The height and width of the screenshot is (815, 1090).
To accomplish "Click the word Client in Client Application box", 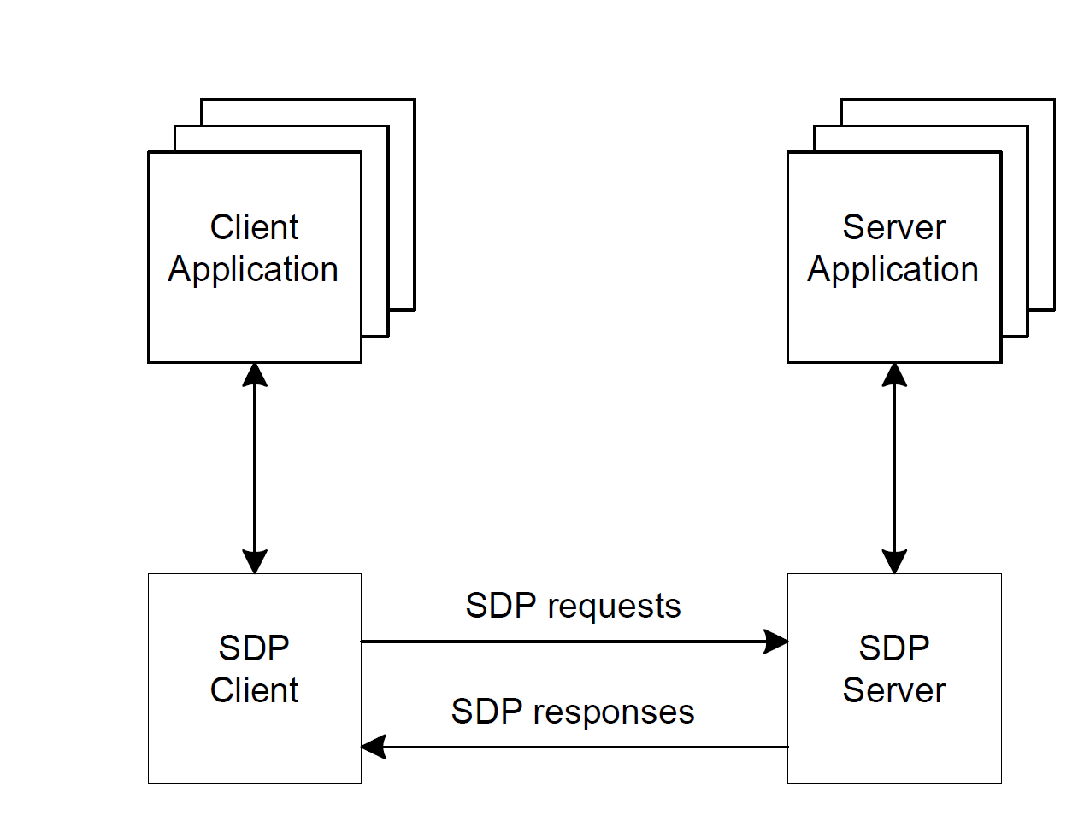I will coord(254,228).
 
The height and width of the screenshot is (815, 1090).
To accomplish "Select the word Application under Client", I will coord(253,270).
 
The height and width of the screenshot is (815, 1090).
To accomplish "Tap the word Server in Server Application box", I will coord(893,228).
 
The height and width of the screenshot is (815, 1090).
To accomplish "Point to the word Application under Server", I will coord(893,270).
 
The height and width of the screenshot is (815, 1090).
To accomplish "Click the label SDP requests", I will coord(573,607).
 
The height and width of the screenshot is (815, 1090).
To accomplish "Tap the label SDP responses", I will coord(573,712).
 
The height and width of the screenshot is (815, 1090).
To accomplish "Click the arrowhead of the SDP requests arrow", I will coord(775,642).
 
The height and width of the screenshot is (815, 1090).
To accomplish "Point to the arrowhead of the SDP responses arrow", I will coord(374,748).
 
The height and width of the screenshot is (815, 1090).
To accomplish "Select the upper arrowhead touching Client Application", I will coord(255,374).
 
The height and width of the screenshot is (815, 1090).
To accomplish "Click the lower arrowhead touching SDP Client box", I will coord(255,561).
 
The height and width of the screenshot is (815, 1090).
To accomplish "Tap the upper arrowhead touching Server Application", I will coord(894,374).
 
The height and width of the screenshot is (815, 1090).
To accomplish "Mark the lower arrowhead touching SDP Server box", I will coord(894,561).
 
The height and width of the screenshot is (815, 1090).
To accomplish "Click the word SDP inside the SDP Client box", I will coord(254,648).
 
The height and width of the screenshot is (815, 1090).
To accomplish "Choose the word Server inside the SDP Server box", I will coord(893,690).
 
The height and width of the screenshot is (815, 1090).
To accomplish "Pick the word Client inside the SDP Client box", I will coord(254,690).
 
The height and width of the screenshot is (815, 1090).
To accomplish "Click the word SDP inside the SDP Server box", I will coord(893,648).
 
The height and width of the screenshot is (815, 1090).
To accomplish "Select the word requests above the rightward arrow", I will coord(615,607).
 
